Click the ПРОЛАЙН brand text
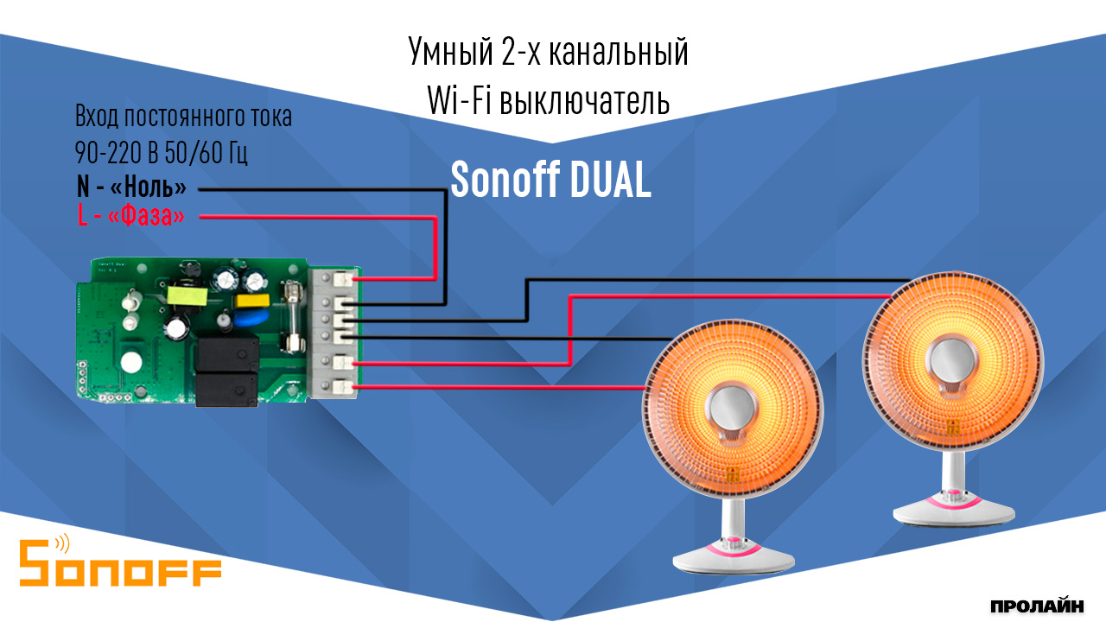point(1036,605)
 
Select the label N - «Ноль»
point(131,187)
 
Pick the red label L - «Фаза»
point(131,215)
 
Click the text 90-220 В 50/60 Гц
point(162,153)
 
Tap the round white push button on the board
point(131,363)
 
